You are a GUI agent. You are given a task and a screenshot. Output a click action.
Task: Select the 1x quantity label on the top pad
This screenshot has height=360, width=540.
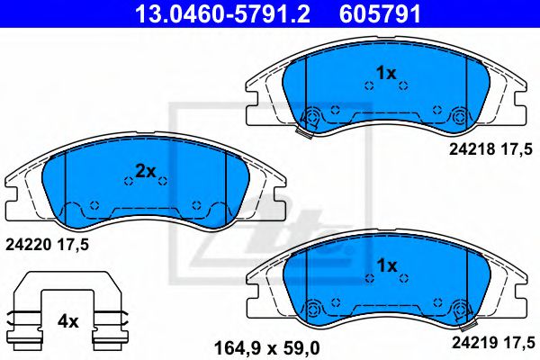tap(386, 73)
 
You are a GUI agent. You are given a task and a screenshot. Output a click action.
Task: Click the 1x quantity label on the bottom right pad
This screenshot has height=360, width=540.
tap(386, 265)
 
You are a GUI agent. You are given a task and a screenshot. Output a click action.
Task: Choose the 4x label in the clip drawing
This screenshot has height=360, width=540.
tap(68, 320)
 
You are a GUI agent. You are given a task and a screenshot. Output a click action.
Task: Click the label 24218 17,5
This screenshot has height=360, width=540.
tap(490, 154)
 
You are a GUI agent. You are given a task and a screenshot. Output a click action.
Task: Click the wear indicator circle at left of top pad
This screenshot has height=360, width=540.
tap(313, 116)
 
